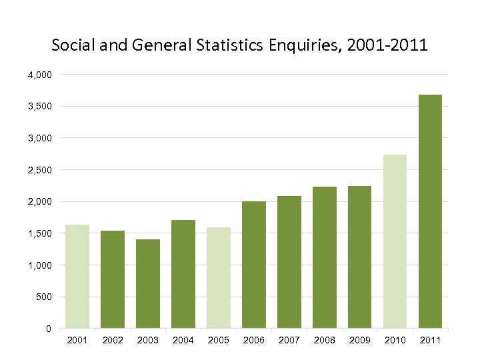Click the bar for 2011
point(430,211)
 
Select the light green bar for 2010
point(395,241)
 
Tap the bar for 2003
point(148,283)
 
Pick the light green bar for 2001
point(77,276)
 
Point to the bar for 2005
point(219,277)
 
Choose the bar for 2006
point(254,265)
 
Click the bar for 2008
point(325,257)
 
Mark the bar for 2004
point(183,274)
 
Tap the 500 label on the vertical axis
point(43,297)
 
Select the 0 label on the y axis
point(48,329)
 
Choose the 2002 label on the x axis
point(113,340)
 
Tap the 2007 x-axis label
point(289,340)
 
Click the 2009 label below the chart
point(360,340)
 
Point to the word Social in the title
point(72,46)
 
